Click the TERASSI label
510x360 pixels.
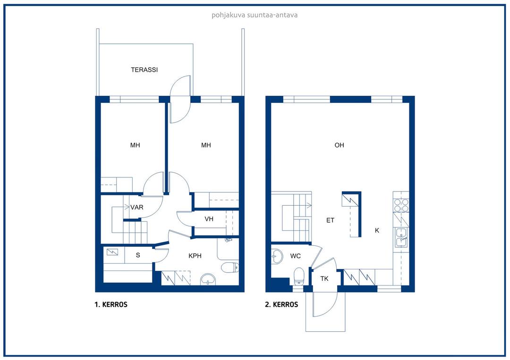pos(144,70)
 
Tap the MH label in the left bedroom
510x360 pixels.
pos(135,145)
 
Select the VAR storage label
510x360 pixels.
pos(137,207)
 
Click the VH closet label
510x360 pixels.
pos(209,219)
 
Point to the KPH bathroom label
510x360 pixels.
pos(195,256)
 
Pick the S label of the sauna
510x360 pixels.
pos(138,255)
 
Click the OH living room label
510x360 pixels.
pos(339,145)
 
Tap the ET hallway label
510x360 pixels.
pos(331,220)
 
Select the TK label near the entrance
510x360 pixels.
pos(324,279)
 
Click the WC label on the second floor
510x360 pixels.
pos(296,256)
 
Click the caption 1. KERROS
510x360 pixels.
pos(111,305)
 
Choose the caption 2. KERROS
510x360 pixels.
pos(281,305)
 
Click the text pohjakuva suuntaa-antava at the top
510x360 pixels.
pos(255,15)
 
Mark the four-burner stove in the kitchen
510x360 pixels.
pos(401,205)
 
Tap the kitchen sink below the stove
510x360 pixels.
pos(401,235)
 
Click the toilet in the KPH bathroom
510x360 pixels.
pos(229,268)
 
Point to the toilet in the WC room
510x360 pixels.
pos(298,275)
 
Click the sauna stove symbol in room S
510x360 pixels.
pos(113,252)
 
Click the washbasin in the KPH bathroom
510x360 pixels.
pos(208,279)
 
